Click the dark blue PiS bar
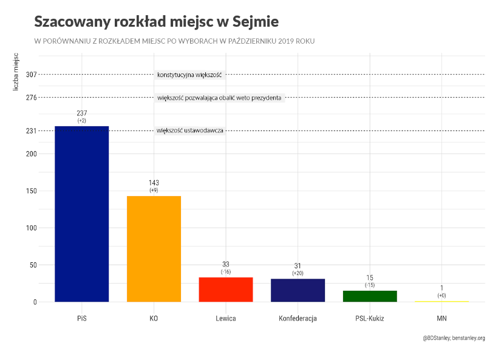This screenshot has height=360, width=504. (81, 214)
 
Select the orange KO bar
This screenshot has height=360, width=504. (154, 249)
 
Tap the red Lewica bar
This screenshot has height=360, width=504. (226, 290)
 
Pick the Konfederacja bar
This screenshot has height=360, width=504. (298, 290)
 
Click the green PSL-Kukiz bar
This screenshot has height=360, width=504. (370, 296)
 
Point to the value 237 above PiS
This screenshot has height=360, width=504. (81, 114)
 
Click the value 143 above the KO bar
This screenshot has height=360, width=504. (154, 183)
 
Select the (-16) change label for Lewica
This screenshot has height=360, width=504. (226, 272)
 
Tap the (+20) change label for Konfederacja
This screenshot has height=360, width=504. (298, 274)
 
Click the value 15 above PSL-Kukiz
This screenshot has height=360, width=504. (370, 277)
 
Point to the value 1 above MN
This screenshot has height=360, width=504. (441, 288)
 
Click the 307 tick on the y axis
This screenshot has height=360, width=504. (32, 74)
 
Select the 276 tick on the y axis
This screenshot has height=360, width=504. (32, 97)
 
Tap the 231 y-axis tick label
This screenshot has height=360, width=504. (32, 131)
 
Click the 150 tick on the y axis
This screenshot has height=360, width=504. (32, 191)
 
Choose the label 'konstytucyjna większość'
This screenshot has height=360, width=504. (190, 75)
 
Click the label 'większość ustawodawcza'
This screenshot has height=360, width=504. (190, 131)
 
